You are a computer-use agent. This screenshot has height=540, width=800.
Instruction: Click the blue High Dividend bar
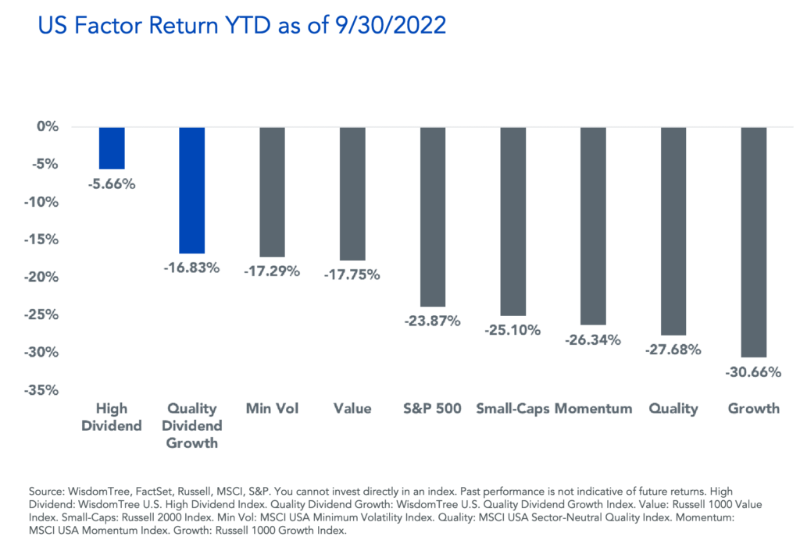click(112, 147)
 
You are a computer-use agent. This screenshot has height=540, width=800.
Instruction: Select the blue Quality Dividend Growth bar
click(192, 190)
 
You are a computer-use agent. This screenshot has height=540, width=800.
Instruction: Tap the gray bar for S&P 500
click(433, 216)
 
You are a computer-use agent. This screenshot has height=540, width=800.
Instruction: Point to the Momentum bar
click(593, 226)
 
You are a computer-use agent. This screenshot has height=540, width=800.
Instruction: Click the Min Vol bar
click(272, 191)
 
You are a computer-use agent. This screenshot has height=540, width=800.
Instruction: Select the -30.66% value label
click(754, 372)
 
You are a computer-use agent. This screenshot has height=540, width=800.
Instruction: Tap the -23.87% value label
click(434, 321)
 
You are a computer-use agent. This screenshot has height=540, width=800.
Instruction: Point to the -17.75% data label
click(353, 275)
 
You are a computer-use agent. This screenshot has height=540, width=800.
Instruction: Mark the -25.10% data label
click(513, 330)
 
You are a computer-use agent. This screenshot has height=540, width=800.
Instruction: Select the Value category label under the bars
click(352, 408)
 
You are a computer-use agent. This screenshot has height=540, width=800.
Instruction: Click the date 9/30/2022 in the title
click(379, 27)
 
